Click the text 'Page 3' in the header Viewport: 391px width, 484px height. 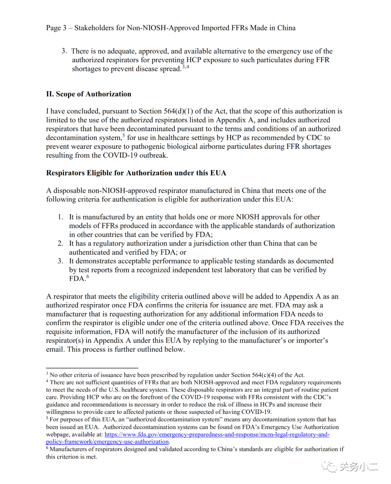click(x=56, y=28)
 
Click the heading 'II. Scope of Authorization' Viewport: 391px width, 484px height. click(x=89, y=94)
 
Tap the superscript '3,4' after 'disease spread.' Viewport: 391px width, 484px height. click(x=186, y=67)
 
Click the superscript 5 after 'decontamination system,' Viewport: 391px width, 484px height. click(x=123, y=136)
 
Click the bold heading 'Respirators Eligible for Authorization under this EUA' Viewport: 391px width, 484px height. click(x=136, y=173)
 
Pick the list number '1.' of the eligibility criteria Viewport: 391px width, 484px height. click(x=61, y=217)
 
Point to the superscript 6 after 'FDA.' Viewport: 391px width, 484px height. click(x=88, y=277)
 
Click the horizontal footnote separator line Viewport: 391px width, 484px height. click(x=92, y=368)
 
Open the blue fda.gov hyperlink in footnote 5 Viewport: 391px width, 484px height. click(x=217, y=434)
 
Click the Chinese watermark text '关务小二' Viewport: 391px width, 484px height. click(x=358, y=467)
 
